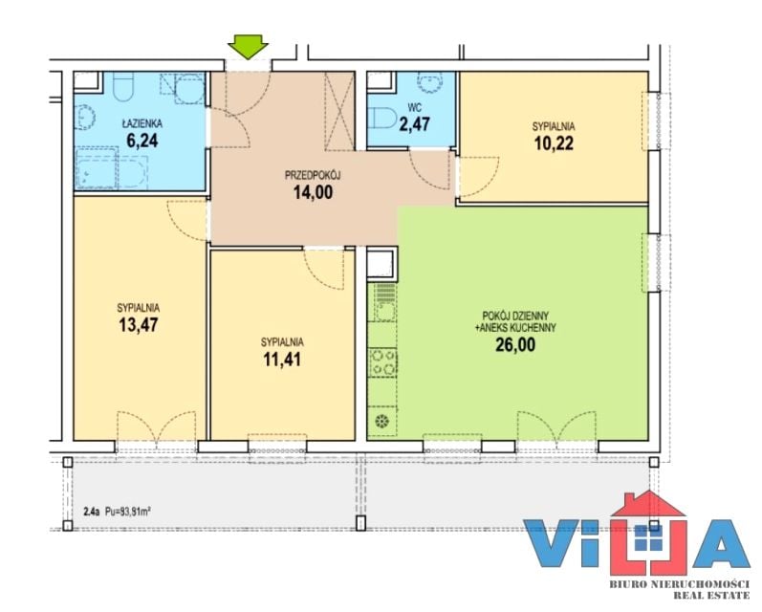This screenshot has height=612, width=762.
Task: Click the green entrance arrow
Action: (x=248, y=47)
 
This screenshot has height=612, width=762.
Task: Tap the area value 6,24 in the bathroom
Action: (x=142, y=140)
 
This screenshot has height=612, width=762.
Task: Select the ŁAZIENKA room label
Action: (x=142, y=123)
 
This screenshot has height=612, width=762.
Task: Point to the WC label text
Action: (x=415, y=107)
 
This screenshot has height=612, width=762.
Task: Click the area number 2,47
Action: (x=415, y=123)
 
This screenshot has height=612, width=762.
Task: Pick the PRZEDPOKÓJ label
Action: (x=313, y=175)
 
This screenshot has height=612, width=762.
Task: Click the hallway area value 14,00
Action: (x=313, y=192)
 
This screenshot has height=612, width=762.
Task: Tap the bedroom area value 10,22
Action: (x=554, y=143)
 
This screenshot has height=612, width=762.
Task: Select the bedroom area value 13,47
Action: (x=139, y=324)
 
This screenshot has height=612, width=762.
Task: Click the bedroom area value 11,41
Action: (x=282, y=360)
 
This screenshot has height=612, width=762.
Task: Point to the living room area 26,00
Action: (x=515, y=344)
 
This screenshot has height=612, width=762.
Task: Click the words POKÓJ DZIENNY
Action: (x=515, y=316)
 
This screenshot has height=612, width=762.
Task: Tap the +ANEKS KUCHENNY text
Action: (x=515, y=328)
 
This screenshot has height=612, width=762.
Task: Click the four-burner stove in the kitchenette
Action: (x=383, y=362)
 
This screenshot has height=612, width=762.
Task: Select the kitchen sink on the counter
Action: (x=383, y=303)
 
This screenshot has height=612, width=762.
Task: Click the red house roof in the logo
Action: (x=648, y=504)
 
